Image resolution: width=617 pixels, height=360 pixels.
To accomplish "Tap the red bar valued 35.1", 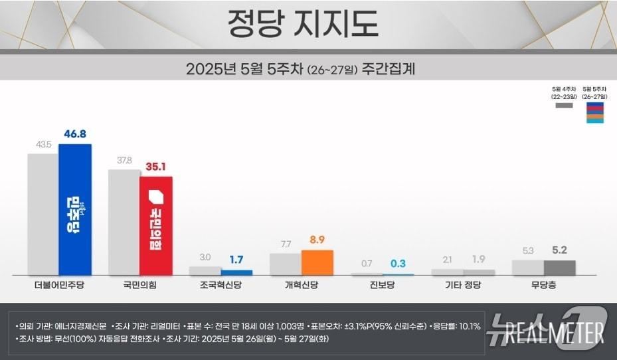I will point(156,226).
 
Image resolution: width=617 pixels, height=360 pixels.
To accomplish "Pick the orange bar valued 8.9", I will point(317,262).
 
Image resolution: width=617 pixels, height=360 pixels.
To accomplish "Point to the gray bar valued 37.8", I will point(124,222).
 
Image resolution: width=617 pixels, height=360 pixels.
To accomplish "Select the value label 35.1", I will point(157,167).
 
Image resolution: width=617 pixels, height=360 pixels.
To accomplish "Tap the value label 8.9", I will point(317,240).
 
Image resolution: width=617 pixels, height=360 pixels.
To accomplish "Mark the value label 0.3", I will point(398,263).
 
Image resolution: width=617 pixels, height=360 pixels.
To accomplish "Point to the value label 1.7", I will point(237,260).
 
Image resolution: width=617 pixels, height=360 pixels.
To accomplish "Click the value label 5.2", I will point(560,250).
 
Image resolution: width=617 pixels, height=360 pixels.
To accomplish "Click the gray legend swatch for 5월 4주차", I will point(564,106).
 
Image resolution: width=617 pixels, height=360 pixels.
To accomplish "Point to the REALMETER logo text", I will point(555,331).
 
